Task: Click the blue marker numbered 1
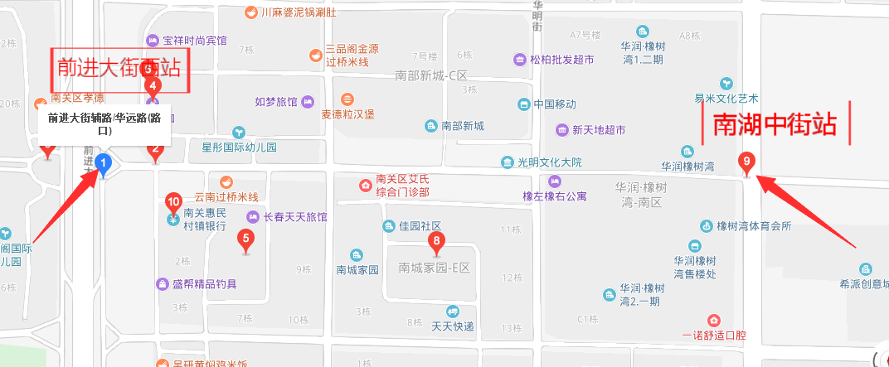pyautogui.click(x=103, y=163)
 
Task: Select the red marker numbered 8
pyautogui.click(x=437, y=243)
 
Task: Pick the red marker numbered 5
pyautogui.click(x=245, y=240)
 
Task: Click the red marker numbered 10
pyautogui.click(x=173, y=201)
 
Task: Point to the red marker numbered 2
pyautogui.click(x=155, y=152)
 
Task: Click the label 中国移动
pyautogui.click(x=555, y=104)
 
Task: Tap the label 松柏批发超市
pyautogui.click(x=561, y=60)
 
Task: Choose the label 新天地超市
pyautogui.click(x=601, y=130)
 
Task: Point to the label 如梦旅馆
pyautogui.click(x=276, y=102)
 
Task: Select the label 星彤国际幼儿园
pyautogui.click(x=239, y=147)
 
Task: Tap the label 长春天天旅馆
pyautogui.click(x=294, y=217)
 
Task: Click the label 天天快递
pyautogui.click(x=452, y=326)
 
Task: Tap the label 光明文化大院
pyautogui.click(x=550, y=162)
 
